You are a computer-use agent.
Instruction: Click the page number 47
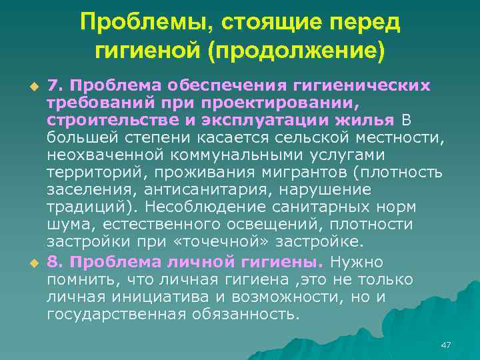[x=446, y=345]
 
